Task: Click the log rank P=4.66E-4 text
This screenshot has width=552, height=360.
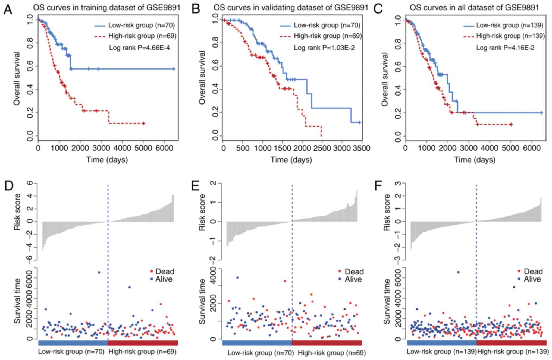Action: (139, 48)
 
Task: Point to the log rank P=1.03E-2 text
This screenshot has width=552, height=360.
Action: (324, 48)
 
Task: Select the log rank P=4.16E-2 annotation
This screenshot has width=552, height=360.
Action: (505, 48)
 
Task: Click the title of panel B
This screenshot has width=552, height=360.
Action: (291, 7)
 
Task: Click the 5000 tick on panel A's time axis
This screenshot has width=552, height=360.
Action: (143, 148)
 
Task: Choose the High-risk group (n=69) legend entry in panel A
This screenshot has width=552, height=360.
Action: (136, 36)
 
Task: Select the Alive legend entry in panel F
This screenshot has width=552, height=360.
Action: (529, 279)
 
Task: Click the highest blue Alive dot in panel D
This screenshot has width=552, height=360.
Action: (99, 272)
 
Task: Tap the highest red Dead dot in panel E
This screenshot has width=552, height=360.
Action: (285, 281)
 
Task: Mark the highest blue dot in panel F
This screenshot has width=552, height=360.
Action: (458, 272)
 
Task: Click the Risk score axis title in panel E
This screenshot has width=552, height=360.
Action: (202, 212)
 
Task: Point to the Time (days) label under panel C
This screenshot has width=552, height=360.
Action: (475, 160)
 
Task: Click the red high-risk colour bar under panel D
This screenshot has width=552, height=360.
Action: (143, 343)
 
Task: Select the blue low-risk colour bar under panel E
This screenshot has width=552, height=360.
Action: (257, 343)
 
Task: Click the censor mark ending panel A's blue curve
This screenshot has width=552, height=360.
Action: (174, 69)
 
